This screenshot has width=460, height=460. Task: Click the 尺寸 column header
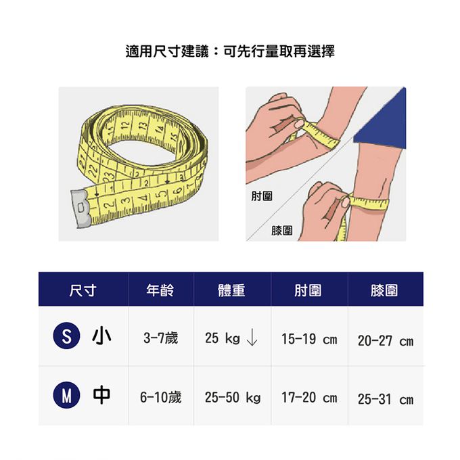tap(83, 290)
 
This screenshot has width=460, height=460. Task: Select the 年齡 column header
tap(160, 290)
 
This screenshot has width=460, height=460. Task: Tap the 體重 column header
tap(231, 290)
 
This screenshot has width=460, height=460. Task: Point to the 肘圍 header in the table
tap(308, 290)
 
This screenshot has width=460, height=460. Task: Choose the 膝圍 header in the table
tap(384, 290)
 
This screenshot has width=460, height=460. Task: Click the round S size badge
tap(66, 336)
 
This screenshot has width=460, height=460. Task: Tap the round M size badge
tap(66, 395)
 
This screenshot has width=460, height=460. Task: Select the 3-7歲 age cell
tap(161, 338)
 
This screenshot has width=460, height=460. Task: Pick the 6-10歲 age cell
tap(161, 397)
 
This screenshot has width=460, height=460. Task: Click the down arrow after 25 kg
tap(252, 338)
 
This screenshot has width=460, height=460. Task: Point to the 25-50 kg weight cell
tap(233, 398)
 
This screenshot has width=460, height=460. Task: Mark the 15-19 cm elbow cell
tap(309, 339)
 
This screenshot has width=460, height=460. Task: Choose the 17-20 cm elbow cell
tap(309, 398)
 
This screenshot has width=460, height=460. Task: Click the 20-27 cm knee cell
tap(386, 341)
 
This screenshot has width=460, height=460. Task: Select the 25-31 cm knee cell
tap(386, 399)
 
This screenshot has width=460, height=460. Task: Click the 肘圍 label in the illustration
tap(262, 196)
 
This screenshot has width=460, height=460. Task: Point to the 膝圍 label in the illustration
tap(282, 231)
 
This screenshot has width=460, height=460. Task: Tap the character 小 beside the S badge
tap(101, 336)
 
